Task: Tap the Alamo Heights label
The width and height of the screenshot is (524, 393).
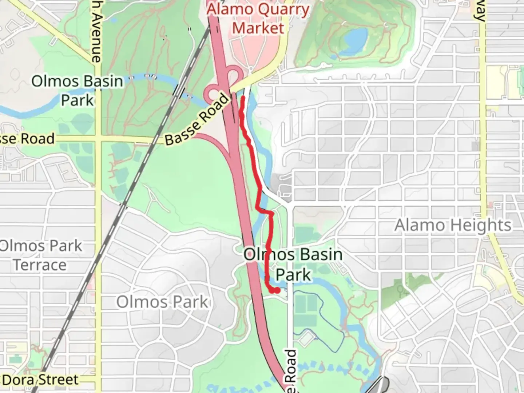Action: (453, 225)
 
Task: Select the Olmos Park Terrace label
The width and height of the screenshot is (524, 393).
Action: (40, 255)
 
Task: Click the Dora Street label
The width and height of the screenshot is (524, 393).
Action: (40, 380)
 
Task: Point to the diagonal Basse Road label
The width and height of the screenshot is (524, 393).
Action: (198, 119)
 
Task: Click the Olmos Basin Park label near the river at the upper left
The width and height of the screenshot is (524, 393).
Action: (77, 90)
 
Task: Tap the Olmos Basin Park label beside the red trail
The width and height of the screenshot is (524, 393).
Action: (293, 265)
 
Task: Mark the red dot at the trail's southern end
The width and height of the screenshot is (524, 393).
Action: (277, 290)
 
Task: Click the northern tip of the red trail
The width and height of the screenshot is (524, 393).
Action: (243, 97)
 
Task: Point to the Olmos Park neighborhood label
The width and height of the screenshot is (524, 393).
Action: (162, 302)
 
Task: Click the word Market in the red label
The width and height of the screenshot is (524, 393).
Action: (258, 28)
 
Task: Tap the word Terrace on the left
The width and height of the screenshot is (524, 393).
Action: (40, 265)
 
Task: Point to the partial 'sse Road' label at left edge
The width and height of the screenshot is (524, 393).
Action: (27, 139)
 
